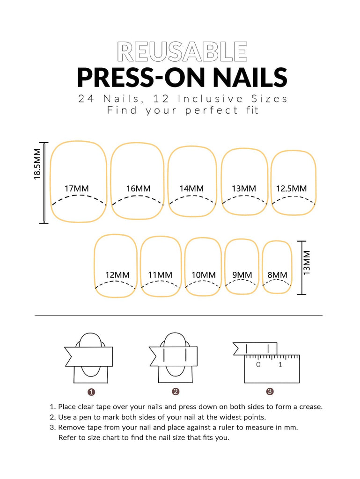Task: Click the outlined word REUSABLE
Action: [x=182, y=52]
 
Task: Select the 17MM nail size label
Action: [x=76, y=189]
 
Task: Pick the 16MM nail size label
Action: [x=139, y=189]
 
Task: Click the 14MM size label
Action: [x=191, y=189]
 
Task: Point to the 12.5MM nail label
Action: [x=291, y=189]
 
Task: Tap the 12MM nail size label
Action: [x=118, y=275]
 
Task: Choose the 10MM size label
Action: [x=204, y=275]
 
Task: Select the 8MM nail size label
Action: [x=277, y=275]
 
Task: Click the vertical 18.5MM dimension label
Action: [x=37, y=164]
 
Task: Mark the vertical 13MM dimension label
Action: [x=307, y=263]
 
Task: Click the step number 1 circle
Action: [x=91, y=392]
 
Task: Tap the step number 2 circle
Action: [x=176, y=392]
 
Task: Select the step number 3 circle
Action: [x=270, y=392]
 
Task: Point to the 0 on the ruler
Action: [x=258, y=364]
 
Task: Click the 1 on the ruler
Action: [x=280, y=364]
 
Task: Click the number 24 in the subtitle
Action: [x=86, y=99]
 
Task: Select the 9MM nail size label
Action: [x=242, y=275]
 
